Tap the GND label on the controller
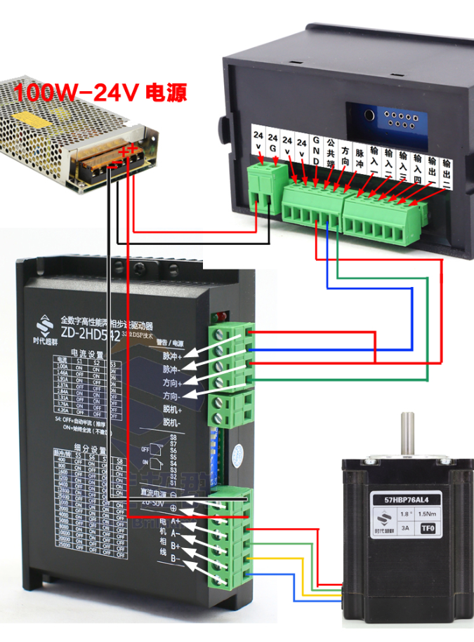click(x=317, y=150)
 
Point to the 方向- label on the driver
click(x=172, y=396)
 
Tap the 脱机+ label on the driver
click(x=172, y=409)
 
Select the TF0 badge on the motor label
click(x=428, y=530)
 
